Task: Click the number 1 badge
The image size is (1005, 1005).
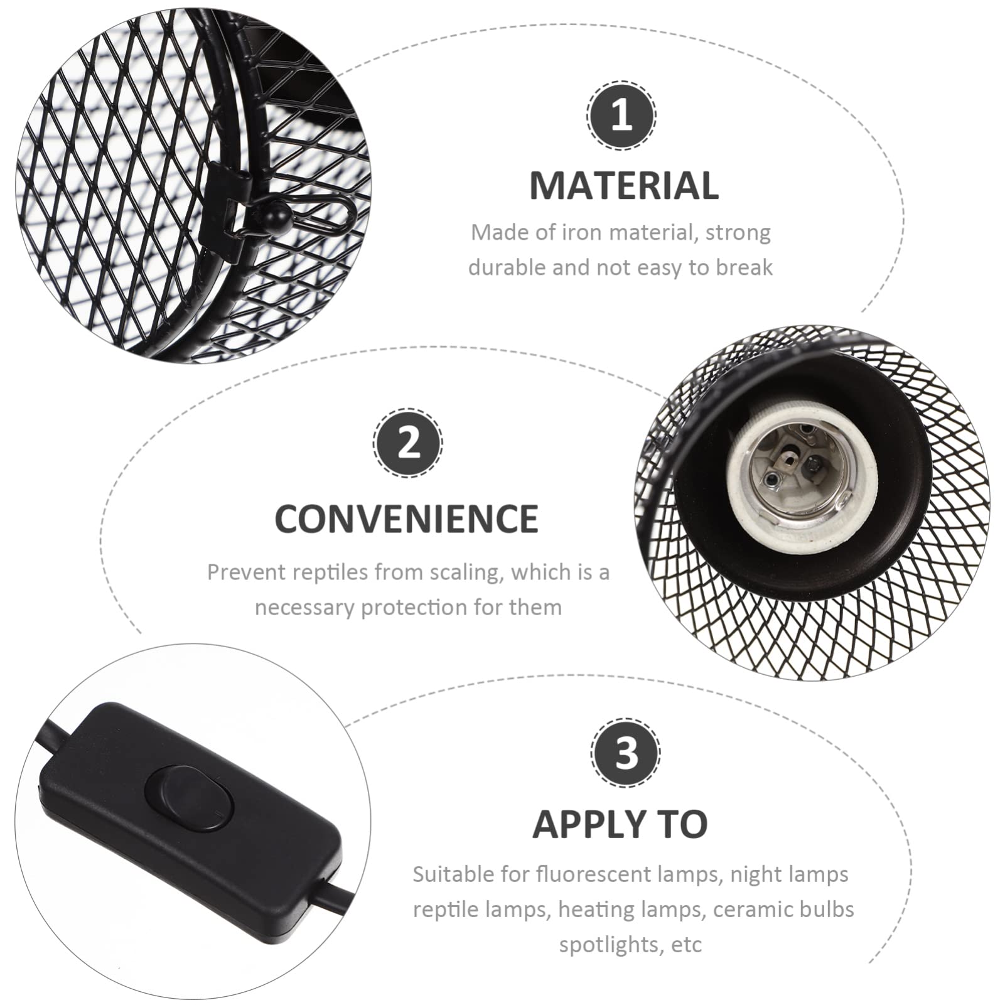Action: click(621, 116)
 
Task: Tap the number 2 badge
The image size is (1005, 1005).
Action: click(408, 443)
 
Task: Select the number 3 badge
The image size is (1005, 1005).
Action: click(625, 753)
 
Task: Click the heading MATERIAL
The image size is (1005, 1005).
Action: click(624, 186)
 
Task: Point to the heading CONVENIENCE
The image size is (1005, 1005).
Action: click(407, 519)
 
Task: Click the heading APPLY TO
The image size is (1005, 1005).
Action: click(620, 824)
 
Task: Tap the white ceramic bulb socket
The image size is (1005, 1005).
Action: click(802, 482)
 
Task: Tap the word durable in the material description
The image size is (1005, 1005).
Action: click(507, 268)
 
